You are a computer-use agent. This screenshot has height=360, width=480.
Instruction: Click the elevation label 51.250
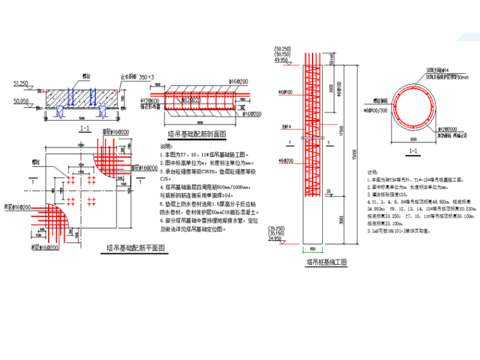point(21,83)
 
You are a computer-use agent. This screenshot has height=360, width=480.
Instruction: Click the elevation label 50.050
point(21,100)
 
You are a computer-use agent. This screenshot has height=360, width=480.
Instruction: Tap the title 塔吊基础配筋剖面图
point(197,134)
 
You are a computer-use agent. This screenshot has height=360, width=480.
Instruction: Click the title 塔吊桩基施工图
point(327,261)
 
